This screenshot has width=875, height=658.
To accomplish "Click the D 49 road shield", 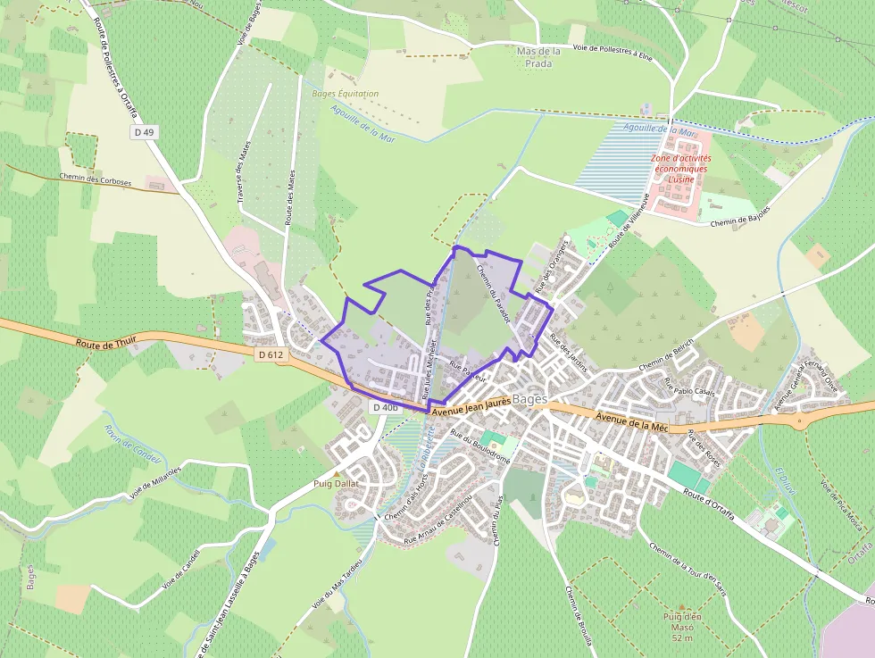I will [144, 132].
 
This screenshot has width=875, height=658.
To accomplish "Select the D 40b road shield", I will [385, 407].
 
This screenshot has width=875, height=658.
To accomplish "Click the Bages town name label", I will [530, 399].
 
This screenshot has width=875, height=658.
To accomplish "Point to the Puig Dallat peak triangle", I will [337, 474].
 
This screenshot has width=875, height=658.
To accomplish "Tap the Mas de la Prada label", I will [538, 57].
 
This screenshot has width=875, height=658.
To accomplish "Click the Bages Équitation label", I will [345, 94].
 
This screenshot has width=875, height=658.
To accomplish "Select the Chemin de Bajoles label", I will [740, 216].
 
